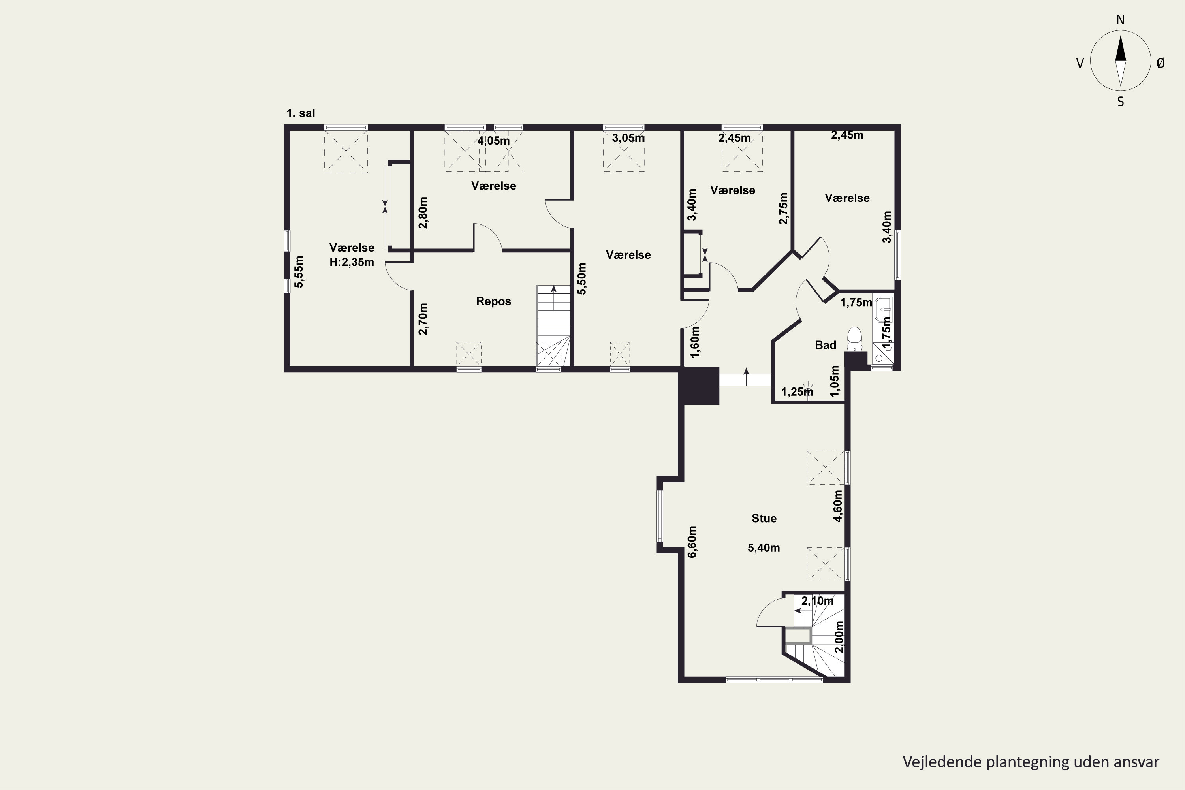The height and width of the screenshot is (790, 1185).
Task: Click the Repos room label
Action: click(x=493, y=301)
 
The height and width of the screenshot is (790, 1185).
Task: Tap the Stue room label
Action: click(x=764, y=518)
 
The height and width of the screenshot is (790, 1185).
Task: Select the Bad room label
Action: click(x=825, y=345)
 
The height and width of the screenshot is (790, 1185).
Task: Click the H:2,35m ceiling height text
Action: click(x=352, y=262)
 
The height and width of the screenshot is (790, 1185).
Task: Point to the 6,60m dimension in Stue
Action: click(x=692, y=542)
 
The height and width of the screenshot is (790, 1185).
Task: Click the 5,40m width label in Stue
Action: click(x=764, y=547)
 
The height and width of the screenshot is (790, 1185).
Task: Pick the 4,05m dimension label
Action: click(x=494, y=141)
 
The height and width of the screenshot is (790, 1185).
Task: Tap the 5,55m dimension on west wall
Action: click(x=299, y=272)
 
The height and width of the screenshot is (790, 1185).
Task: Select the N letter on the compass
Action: click(x=1121, y=20)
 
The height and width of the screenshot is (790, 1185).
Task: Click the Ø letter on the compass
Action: click(x=1161, y=63)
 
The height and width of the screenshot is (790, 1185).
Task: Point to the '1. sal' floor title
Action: click(x=301, y=113)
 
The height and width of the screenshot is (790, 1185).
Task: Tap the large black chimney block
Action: click(x=698, y=386)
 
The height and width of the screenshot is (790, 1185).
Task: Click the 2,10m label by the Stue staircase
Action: click(x=817, y=601)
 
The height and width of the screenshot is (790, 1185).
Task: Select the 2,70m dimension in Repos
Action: click(x=423, y=319)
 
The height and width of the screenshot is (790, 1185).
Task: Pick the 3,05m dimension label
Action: click(x=628, y=138)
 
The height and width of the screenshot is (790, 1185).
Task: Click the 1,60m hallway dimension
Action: click(x=695, y=342)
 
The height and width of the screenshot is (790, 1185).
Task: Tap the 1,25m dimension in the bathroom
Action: click(x=797, y=391)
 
